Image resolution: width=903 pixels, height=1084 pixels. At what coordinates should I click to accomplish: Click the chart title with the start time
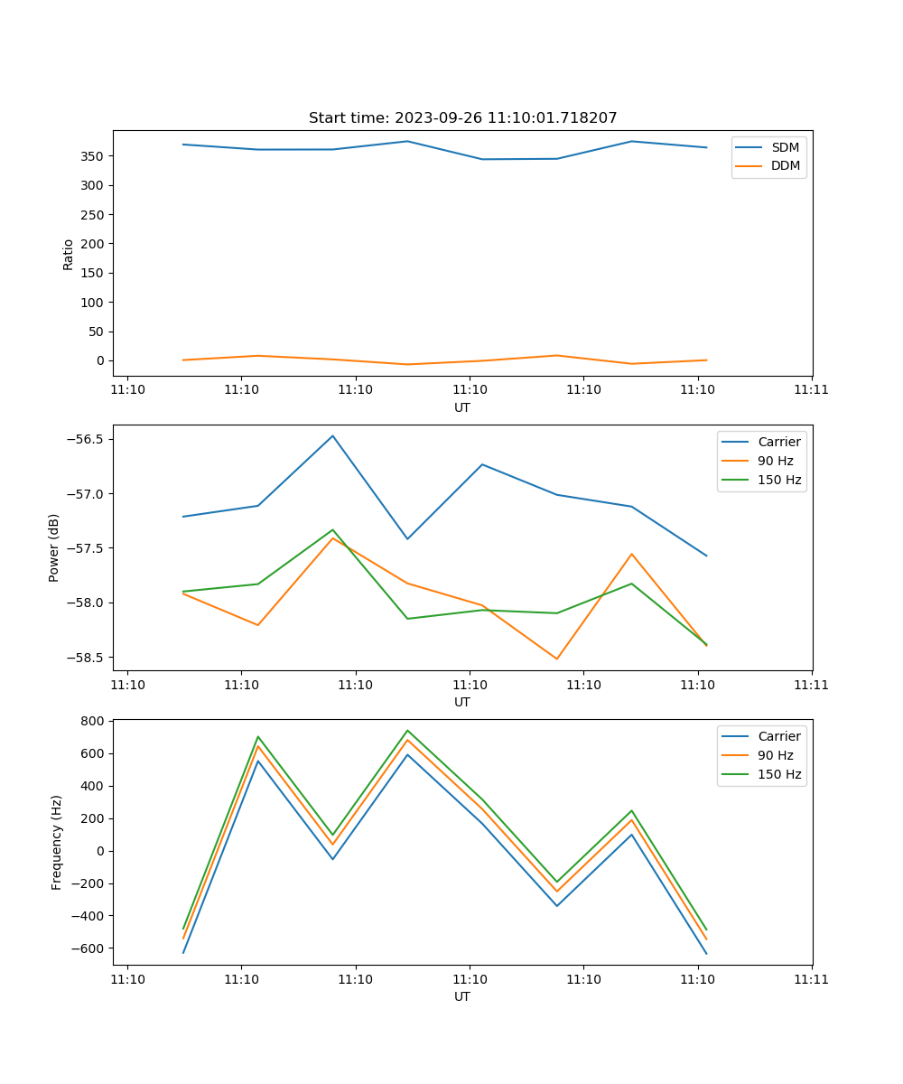462,118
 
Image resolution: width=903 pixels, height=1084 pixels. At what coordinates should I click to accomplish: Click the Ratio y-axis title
69,254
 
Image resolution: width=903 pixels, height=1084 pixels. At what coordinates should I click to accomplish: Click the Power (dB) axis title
54,547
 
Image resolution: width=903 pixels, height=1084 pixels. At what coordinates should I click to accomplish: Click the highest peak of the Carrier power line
332,435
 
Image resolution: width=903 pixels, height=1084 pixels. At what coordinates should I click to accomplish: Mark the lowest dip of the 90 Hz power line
556,659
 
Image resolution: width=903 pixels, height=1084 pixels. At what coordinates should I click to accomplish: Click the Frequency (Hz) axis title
57,842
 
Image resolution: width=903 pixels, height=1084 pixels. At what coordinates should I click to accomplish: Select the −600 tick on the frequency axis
87,948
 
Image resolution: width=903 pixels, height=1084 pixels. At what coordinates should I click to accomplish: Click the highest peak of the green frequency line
407,730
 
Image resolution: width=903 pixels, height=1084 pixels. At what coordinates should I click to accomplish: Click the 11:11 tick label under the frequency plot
811,980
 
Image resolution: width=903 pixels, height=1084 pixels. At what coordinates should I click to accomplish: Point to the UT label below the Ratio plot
462,407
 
